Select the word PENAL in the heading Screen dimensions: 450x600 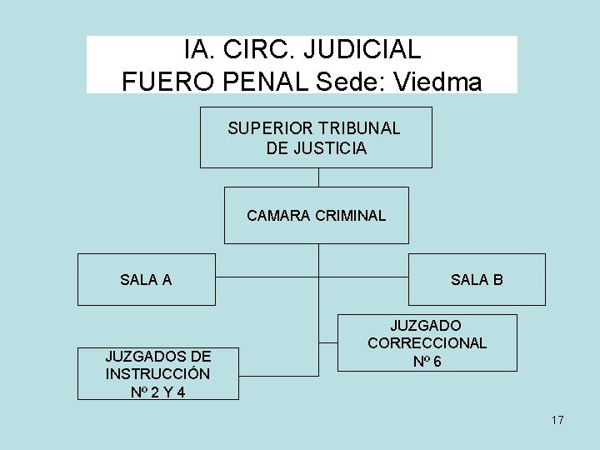(271, 81)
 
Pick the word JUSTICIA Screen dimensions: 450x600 (330, 148)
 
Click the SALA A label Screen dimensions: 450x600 (146, 280)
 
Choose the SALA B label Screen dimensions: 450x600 (477, 280)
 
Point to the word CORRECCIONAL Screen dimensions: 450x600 (427, 342)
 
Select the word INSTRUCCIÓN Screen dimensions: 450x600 (157, 373)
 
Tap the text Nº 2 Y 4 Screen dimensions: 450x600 (157, 392)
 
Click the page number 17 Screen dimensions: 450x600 (557, 420)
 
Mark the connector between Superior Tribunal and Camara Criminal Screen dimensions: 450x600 (318, 177)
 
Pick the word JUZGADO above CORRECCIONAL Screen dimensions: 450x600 (427, 325)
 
